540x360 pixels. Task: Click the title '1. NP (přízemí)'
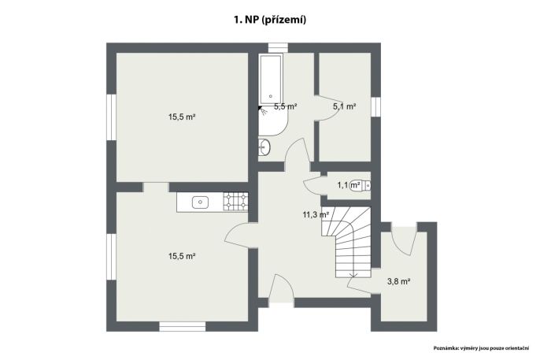pyautogui.click(x=270, y=20)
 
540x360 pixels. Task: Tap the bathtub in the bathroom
pyautogui.click(x=271, y=79)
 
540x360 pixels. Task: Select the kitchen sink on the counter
pyautogui.click(x=200, y=202)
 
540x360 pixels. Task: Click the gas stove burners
pyautogui.click(x=235, y=202)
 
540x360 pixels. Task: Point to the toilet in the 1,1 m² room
pyautogui.click(x=360, y=185)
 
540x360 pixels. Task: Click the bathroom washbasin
pyautogui.click(x=264, y=147)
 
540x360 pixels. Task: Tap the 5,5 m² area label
pyautogui.click(x=286, y=106)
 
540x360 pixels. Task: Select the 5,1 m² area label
pyautogui.click(x=344, y=106)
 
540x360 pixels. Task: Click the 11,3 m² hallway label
pyautogui.click(x=316, y=214)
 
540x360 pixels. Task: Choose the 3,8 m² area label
pyautogui.click(x=398, y=281)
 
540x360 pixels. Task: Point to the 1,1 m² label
pyautogui.click(x=349, y=185)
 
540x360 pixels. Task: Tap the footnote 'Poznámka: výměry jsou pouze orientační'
pyautogui.click(x=481, y=348)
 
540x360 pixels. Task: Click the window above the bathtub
pyautogui.click(x=278, y=47)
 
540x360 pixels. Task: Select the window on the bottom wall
pyautogui.click(x=183, y=326)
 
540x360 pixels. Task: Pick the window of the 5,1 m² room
pyautogui.click(x=375, y=107)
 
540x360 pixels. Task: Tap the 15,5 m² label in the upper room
pyautogui.click(x=182, y=117)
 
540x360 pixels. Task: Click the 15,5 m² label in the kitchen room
pyautogui.click(x=182, y=256)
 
